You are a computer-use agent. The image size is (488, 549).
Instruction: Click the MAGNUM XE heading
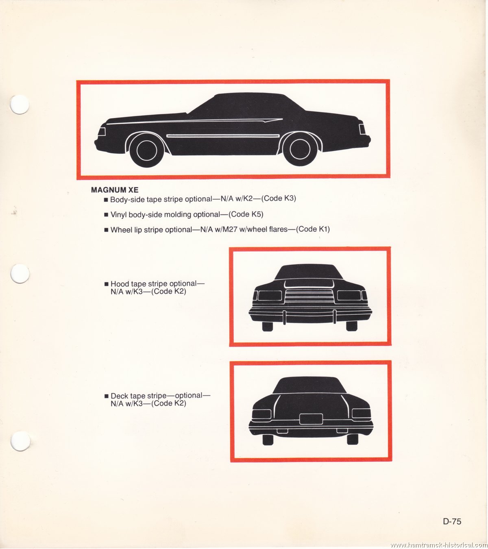(x=115, y=190)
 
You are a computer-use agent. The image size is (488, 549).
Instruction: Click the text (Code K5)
(x=246, y=214)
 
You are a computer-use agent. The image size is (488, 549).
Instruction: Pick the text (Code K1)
(x=312, y=229)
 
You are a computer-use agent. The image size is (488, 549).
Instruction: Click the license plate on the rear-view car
(x=311, y=419)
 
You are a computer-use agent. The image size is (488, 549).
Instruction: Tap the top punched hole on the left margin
(x=20, y=105)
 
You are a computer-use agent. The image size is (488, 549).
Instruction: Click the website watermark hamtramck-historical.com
(x=438, y=545)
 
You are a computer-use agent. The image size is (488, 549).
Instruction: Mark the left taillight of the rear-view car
(x=262, y=414)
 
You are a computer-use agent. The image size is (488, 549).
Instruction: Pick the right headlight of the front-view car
(x=349, y=295)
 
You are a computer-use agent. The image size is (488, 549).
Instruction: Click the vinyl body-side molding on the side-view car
(x=223, y=136)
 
